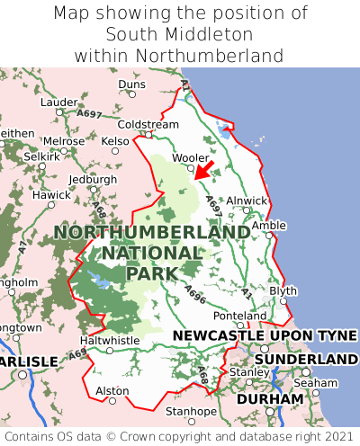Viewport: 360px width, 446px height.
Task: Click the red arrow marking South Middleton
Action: click(204, 170)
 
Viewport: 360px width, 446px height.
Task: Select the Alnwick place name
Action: click(247, 201)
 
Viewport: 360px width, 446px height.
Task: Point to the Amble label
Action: click(268, 226)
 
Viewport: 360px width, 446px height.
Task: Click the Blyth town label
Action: click(283, 290)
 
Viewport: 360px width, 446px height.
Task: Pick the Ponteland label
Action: click(240, 316)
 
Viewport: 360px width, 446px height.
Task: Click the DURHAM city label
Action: click(270, 398)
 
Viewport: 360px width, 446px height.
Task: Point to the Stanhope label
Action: click(191, 412)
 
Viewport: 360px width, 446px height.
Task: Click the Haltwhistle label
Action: click(110, 341)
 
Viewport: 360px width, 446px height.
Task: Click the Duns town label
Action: click(131, 85)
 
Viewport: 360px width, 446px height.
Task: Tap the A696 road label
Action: click(195, 292)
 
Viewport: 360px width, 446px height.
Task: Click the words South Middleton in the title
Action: click(179, 34)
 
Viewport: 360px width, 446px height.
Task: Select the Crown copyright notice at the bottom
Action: click(179, 436)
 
